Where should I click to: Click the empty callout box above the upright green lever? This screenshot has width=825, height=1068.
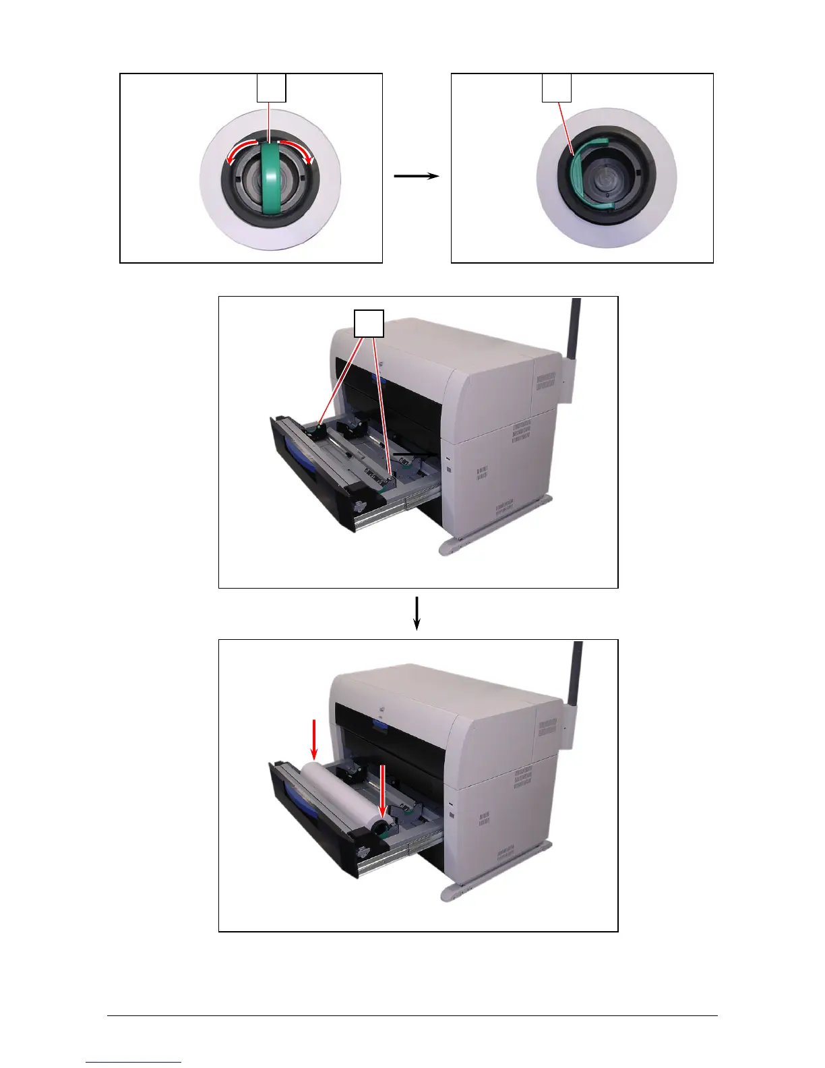(272, 88)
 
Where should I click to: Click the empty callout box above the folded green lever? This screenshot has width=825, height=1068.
(557, 88)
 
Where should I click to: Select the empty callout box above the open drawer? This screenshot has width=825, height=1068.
(370, 324)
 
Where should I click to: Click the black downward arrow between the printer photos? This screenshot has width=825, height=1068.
(417, 613)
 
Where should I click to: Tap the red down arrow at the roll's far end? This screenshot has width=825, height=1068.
(314, 738)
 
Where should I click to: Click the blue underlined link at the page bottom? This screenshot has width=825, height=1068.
(133, 1062)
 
